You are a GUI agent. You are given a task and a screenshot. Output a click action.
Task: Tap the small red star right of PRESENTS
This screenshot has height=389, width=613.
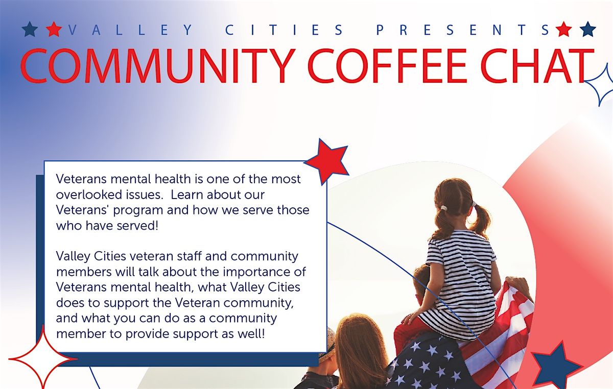coord(563,30)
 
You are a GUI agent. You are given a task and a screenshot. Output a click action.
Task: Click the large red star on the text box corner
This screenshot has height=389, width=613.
coord(327,160)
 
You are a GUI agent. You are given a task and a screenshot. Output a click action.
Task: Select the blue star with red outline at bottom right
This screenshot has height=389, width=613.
coord(556,366)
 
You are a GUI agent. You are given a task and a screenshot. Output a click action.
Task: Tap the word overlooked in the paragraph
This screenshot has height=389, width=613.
coord(87,195)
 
